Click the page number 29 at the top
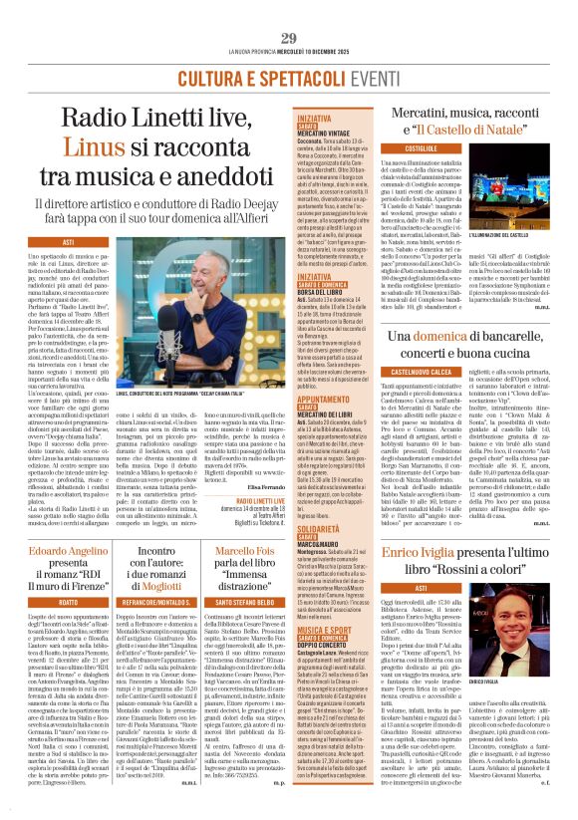289,11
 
